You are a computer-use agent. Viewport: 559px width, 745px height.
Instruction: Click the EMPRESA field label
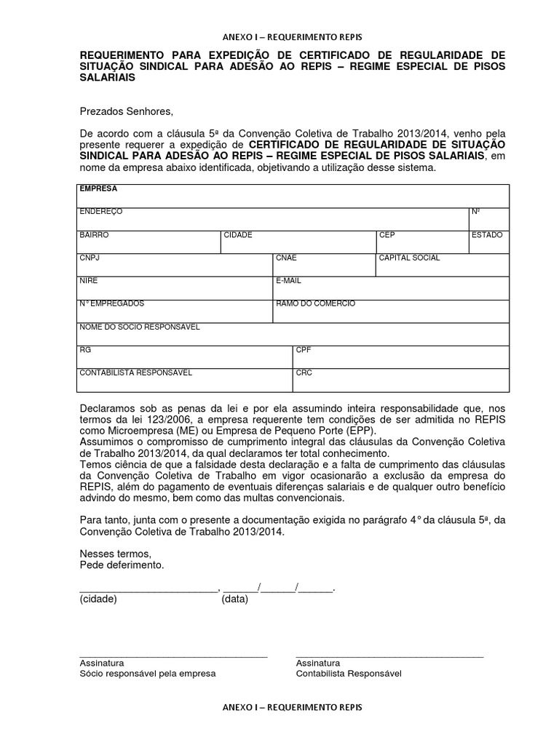click(94, 188)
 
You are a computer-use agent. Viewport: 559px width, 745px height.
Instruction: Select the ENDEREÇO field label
click(101, 212)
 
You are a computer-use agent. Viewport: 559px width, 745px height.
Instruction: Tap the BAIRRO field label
click(94, 235)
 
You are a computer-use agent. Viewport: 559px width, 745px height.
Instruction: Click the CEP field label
click(386, 235)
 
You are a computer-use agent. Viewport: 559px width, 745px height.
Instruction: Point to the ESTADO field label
click(487, 235)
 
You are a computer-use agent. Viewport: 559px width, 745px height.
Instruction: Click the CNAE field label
click(286, 258)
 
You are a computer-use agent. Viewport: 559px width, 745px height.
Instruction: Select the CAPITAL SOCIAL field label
click(409, 258)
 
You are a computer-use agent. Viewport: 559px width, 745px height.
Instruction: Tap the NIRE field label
click(89, 280)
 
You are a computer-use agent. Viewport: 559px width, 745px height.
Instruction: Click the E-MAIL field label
click(288, 280)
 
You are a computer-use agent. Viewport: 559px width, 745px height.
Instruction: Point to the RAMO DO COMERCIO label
click(315, 303)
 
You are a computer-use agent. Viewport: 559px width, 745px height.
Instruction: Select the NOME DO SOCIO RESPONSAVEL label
click(139, 327)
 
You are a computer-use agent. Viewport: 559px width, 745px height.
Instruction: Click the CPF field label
click(304, 350)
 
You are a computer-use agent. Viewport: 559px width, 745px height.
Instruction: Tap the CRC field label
click(304, 372)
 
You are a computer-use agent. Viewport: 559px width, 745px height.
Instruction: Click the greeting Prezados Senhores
click(127, 111)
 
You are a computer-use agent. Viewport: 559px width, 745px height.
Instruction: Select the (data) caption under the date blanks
click(235, 599)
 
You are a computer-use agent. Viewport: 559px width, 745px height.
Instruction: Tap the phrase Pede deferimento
click(122, 565)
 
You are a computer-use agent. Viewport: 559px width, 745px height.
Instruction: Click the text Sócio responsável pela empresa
click(148, 674)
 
